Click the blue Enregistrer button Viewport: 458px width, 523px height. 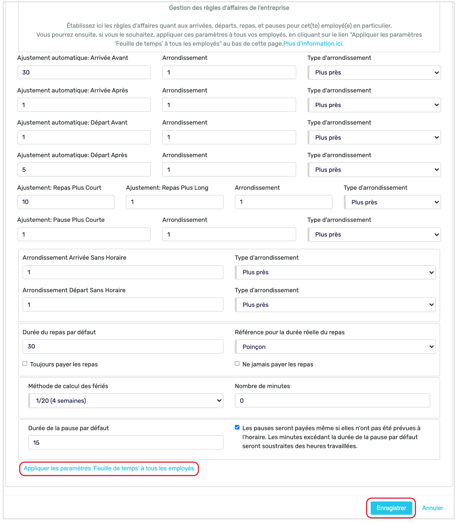[391, 508]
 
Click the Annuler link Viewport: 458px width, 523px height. [432, 508]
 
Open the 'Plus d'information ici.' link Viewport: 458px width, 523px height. [313, 44]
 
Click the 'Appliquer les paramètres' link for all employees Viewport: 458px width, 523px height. [110, 468]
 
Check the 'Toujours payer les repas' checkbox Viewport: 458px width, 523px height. [25, 364]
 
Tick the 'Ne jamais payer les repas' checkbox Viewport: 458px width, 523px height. [237, 364]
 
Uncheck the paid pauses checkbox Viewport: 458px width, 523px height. [237, 427]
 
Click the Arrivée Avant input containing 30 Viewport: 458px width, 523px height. [84, 72]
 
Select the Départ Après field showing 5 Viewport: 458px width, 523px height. [84, 170]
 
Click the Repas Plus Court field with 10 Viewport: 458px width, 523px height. [66, 202]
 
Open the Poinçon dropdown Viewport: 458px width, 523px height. [335, 347]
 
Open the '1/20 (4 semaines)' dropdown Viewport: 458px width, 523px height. [126, 401]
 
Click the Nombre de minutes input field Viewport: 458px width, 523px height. [332, 401]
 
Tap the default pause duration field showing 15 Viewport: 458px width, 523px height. [126, 443]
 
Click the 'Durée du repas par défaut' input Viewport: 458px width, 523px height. [123, 346]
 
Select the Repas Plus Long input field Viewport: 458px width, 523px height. [174, 202]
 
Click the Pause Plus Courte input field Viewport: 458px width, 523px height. [84, 235]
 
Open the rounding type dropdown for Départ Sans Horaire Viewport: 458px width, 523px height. [335, 305]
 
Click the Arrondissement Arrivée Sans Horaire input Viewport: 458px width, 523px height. [123, 272]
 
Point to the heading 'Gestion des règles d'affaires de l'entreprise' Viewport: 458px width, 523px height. [229, 8]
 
